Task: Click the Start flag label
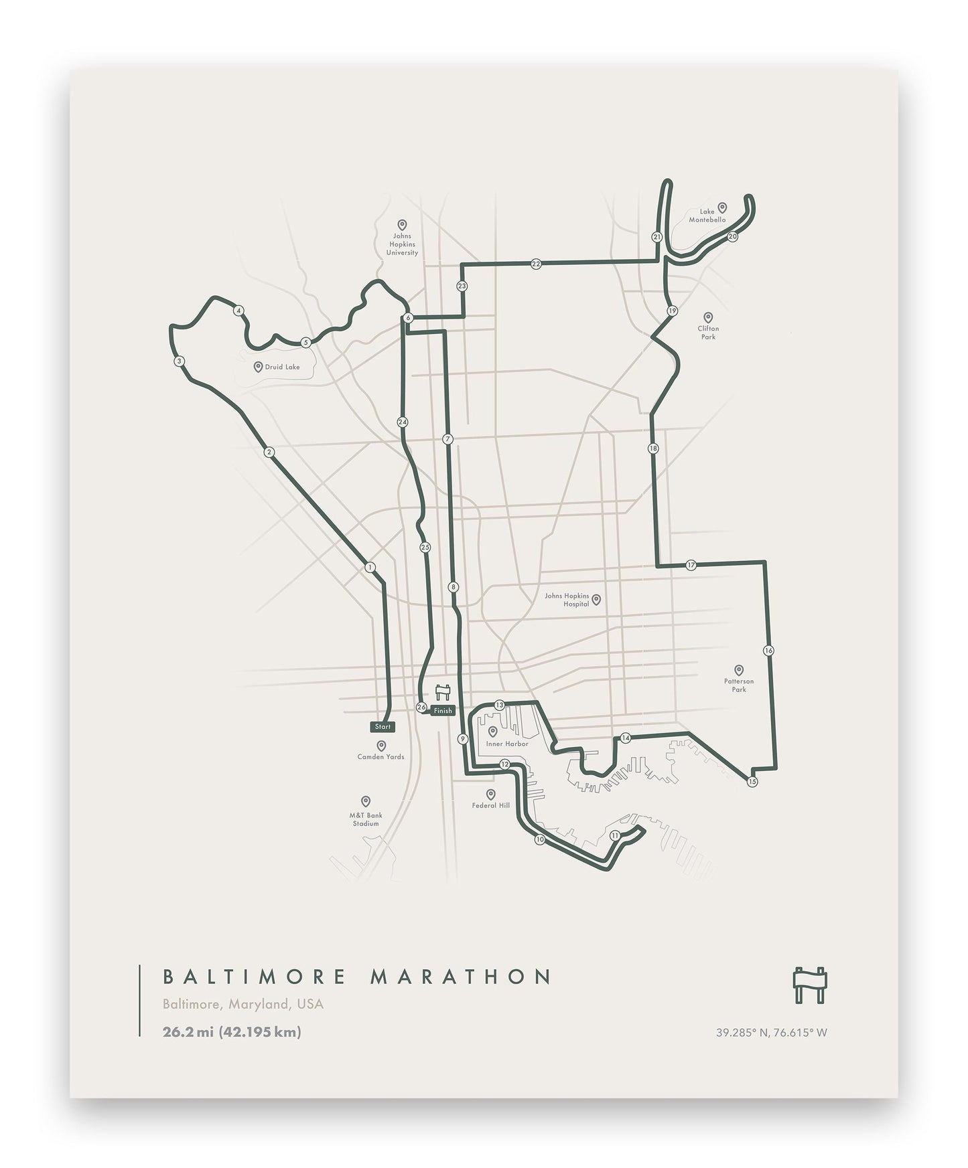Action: [x=383, y=726]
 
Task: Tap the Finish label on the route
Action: [x=443, y=711]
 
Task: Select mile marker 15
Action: [x=752, y=781]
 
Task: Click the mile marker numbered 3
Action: [x=178, y=361]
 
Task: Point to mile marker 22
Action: [x=536, y=264]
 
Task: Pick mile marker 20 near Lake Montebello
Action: [x=732, y=236]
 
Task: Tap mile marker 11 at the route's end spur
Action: [x=615, y=835]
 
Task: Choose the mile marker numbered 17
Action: [x=691, y=565]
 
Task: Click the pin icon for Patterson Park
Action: [x=739, y=669]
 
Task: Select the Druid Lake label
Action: [x=282, y=367]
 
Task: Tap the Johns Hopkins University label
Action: [x=403, y=244]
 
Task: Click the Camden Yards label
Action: [x=381, y=756]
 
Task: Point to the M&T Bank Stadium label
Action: [x=366, y=819]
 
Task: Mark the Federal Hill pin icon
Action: [x=491, y=794]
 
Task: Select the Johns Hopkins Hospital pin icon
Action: [x=596, y=599]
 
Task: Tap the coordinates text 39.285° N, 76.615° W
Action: [x=771, y=1032]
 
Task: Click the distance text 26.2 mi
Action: [x=188, y=1031]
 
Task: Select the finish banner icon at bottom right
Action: [x=810, y=985]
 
